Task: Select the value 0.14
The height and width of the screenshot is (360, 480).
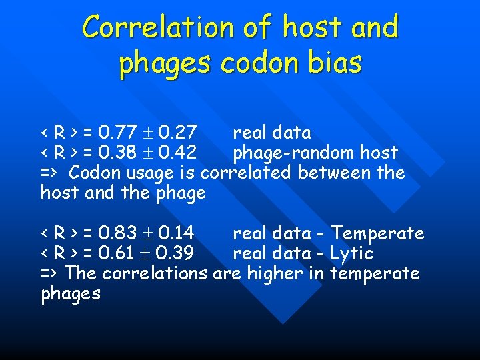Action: click(x=176, y=234)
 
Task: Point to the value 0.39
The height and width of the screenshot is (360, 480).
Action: click(x=176, y=254)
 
